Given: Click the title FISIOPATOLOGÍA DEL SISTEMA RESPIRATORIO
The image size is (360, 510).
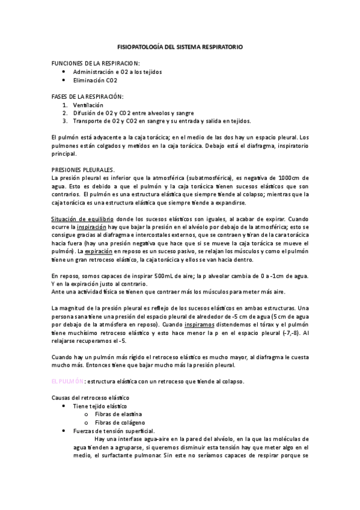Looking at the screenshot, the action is tap(180, 46).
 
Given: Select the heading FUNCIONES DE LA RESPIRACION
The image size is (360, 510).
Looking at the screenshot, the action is tap(96, 63).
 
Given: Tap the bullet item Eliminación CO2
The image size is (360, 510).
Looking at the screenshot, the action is tap(95, 79).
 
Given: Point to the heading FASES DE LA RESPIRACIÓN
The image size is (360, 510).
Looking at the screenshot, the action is tap(87, 96).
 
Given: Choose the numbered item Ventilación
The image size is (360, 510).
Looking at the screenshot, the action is tap(91, 105).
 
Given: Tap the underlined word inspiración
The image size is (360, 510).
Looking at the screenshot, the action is tap(94, 229).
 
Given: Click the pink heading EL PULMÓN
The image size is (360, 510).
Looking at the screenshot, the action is tap(67, 381).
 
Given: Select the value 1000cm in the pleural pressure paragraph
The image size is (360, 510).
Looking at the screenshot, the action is tap(296, 178).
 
